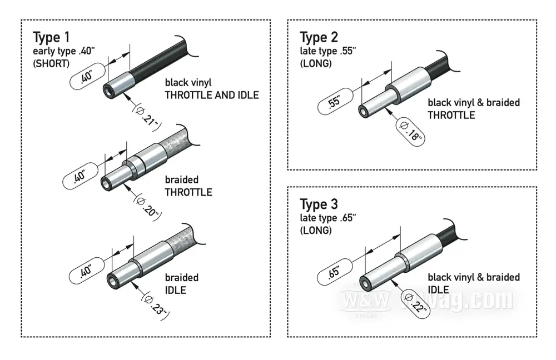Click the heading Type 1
[x=52, y=38]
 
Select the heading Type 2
[x=319, y=38]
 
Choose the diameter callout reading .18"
[x=411, y=129]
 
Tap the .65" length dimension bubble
[x=334, y=272]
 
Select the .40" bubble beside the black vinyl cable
[x=86, y=76]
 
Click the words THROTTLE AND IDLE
[x=211, y=95]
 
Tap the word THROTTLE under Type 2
[x=451, y=116]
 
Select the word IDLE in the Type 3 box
[x=438, y=289]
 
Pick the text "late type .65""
[x=327, y=218]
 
